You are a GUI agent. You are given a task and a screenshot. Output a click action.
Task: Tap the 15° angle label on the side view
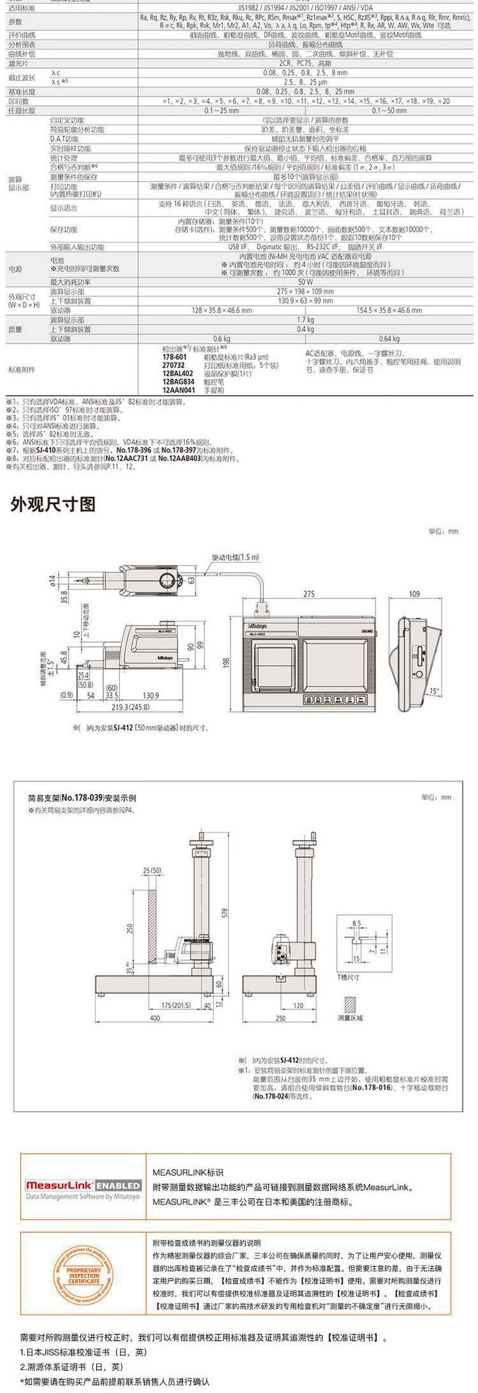434,691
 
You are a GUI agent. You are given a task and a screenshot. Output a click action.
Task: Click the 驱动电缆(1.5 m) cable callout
235,557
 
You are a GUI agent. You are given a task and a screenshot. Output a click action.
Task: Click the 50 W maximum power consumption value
305,282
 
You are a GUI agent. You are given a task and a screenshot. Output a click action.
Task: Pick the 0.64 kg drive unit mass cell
388,339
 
